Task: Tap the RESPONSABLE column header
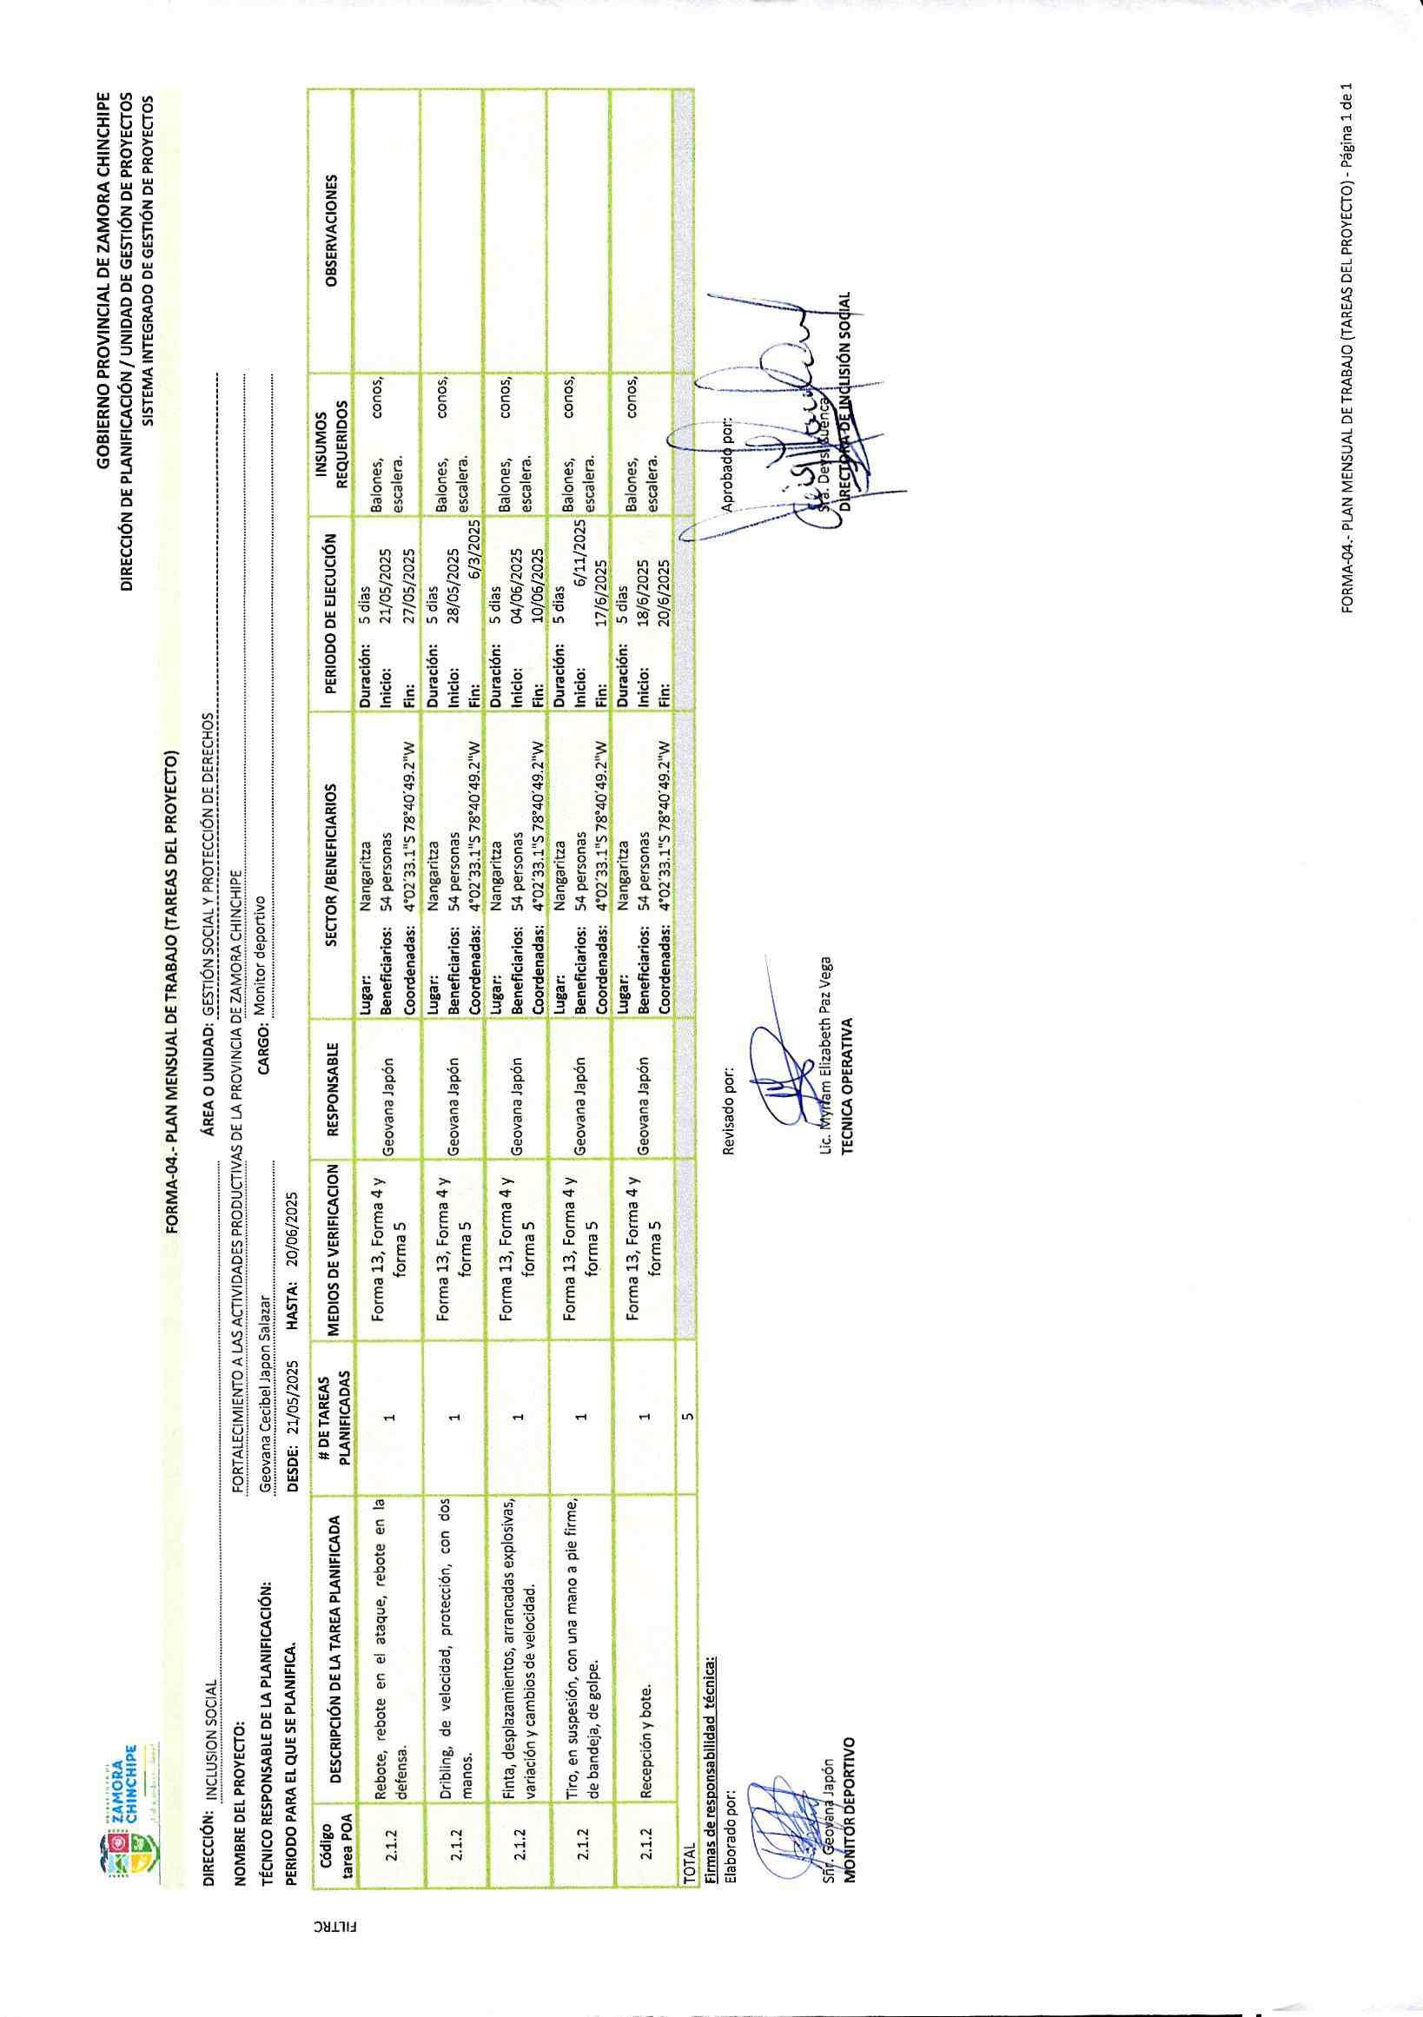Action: click(x=331, y=1082)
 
